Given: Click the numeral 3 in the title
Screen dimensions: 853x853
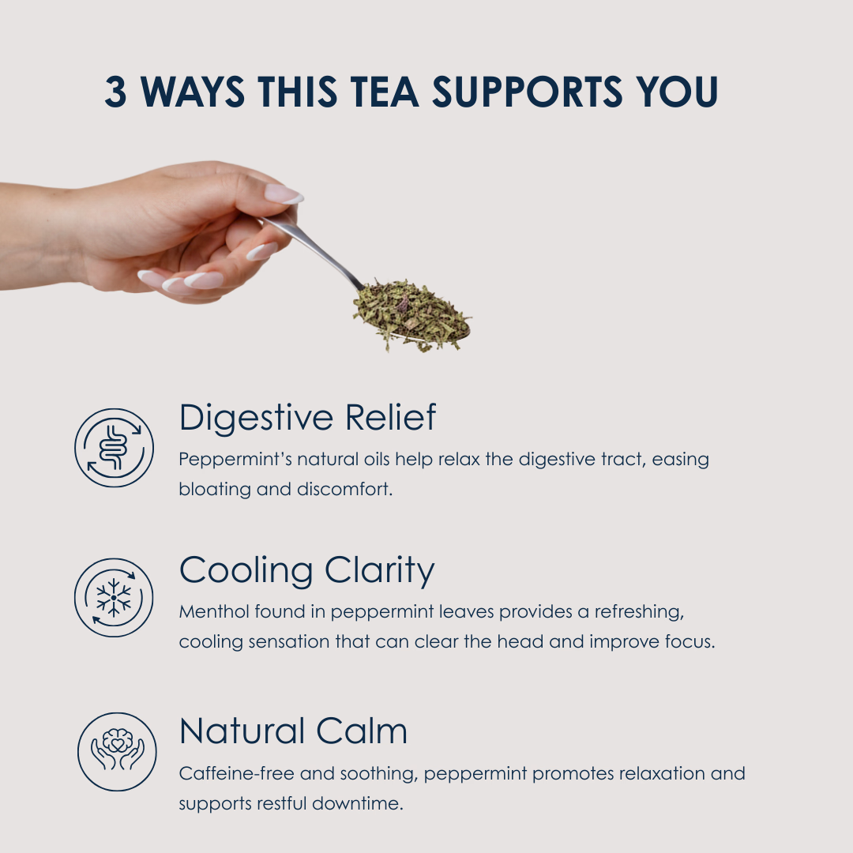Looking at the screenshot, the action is [x=115, y=92].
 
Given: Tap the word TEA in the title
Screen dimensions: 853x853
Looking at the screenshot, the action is [x=384, y=92].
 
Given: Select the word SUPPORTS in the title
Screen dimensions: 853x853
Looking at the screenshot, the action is [x=527, y=92].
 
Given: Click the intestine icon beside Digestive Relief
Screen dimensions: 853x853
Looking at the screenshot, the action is [x=115, y=448].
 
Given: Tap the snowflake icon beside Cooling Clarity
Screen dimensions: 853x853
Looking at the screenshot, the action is [x=114, y=597].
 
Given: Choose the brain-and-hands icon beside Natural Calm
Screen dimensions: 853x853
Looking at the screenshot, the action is [x=117, y=751].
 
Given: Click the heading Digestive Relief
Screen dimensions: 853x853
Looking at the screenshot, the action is [x=307, y=419].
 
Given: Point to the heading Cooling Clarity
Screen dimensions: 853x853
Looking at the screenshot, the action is [x=306, y=571].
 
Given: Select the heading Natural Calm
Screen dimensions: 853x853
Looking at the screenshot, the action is [x=293, y=731].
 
